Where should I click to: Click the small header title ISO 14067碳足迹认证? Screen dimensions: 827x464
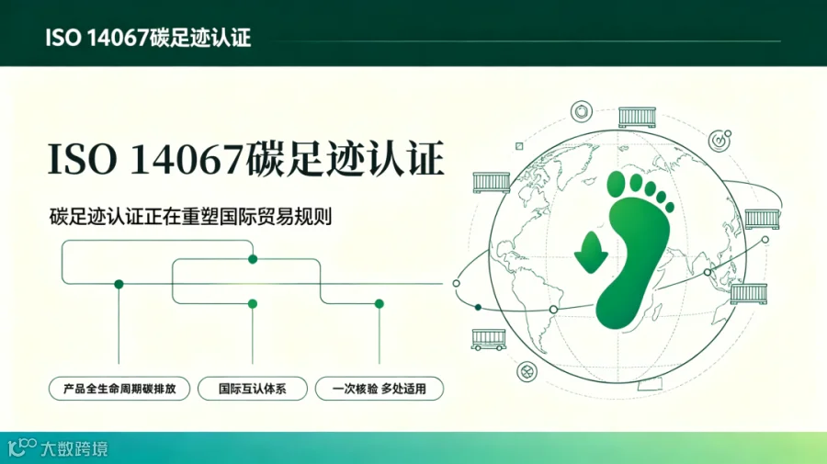(x=148, y=38)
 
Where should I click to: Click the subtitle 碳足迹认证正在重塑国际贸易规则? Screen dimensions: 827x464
(x=190, y=217)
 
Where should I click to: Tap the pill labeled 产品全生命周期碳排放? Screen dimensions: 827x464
(x=119, y=390)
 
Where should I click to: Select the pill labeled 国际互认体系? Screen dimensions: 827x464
(x=253, y=390)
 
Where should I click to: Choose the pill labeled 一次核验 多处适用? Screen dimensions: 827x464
(x=380, y=390)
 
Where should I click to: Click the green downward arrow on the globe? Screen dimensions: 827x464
(x=591, y=253)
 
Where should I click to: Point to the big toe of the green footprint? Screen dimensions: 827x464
(x=616, y=184)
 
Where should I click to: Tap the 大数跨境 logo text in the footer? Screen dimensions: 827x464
(x=74, y=448)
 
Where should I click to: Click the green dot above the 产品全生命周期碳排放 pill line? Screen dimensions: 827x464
(x=119, y=284)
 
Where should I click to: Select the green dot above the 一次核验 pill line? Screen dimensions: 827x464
(x=380, y=304)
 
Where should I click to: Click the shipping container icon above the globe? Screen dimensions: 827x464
(x=637, y=117)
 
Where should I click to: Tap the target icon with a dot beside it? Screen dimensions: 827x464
(x=719, y=141)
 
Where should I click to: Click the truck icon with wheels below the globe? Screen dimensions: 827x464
(x=489, y=340)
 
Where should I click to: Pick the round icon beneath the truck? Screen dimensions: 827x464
(x=527, y=372)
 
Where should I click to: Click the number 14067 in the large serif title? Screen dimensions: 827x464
(x=187, y=159)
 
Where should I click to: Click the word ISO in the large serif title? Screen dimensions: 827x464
(x=83, y=159)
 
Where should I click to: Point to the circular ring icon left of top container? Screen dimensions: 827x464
(x=582, y=112)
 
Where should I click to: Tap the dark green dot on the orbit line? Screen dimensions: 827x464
(x=478, y=308)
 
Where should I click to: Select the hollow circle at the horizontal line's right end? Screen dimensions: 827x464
(x=456, y=284)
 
